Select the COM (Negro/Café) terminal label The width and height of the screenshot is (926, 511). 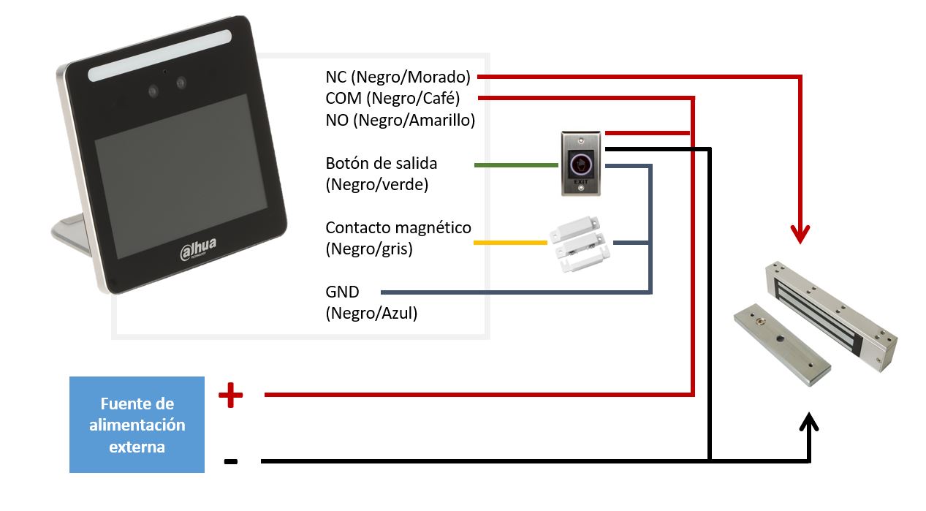(392, 98)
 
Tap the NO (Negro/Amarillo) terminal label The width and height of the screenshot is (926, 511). (401, 120)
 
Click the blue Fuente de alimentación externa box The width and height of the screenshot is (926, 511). (137, 425)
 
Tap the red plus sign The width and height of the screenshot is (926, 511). (230, 396)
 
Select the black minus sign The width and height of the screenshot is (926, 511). (230, 461)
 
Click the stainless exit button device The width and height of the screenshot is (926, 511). (581, 163)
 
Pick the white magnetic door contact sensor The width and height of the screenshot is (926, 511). (578, 244)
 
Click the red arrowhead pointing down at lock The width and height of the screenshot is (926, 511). (802, 234)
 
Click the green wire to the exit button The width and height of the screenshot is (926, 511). (516, 166)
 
